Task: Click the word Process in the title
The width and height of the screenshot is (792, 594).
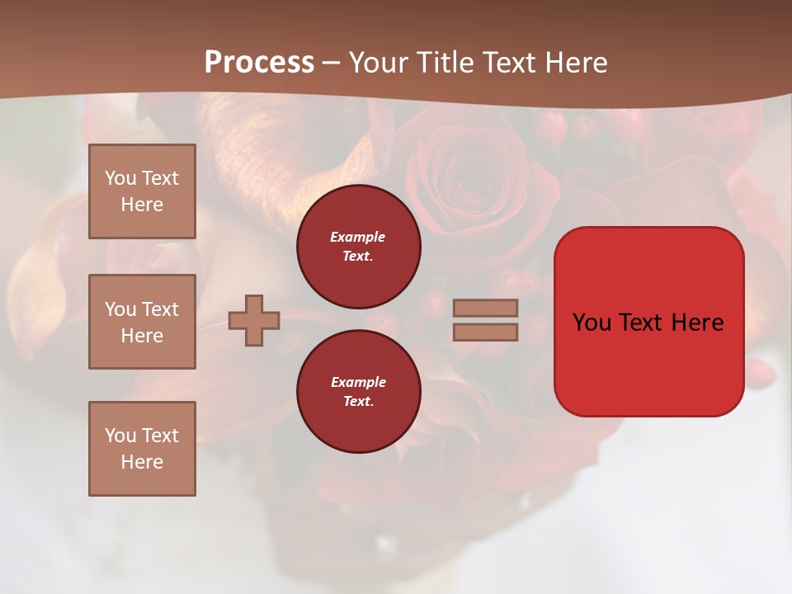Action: click(x=259, y=62)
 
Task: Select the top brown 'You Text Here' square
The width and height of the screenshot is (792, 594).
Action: click(x=142, y=191)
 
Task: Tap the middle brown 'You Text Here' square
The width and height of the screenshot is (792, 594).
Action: click(x=142, y=322)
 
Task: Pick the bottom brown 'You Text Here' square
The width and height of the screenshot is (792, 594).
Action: click(x=142, y=449)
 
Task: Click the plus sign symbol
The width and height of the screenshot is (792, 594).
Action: click(x=254, y=320)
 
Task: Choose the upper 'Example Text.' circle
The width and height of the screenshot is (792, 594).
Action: click(x=358, y=246)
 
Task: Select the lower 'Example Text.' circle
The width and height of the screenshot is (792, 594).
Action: click(x=358, y=391)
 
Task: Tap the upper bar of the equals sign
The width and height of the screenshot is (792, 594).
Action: click(x=485, y=308)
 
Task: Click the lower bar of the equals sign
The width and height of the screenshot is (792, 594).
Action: click(x=485, y=332)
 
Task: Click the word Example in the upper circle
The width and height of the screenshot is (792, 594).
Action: click(x=358, y=237)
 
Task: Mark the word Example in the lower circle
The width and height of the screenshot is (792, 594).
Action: click(x=358, y=382)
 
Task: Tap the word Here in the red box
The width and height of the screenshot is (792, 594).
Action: click(x=698, y=323)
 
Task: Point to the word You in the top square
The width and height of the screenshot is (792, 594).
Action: click(x=120, y=178)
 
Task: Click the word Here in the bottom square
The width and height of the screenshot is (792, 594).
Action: click(x=142, y=462)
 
